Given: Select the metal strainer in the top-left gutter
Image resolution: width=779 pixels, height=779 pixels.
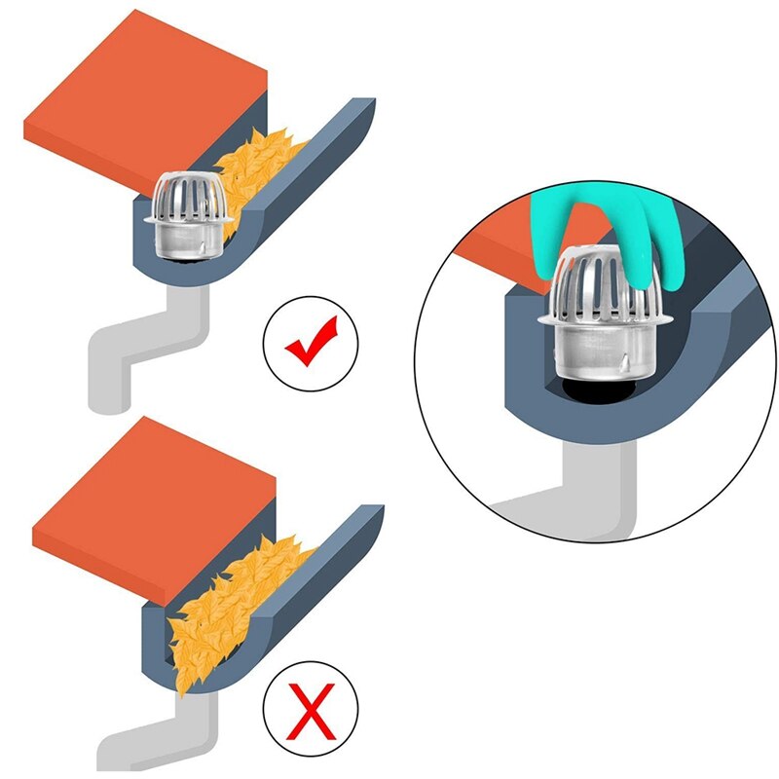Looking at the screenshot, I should (189, 219).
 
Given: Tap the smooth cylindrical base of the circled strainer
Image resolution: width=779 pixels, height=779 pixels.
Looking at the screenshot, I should (589, 351).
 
